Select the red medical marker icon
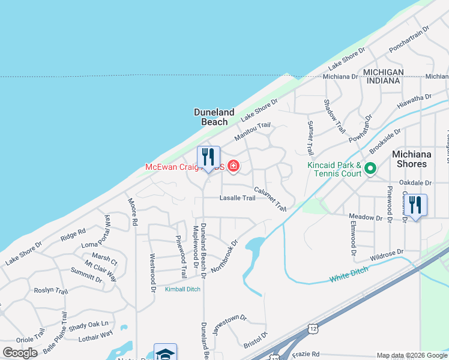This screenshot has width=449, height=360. click(x=233, y=167)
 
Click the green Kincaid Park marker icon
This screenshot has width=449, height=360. click(x=370, y=169)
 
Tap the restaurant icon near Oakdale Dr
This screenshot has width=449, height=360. click(x=415, y=205)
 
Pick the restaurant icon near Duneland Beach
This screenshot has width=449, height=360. click(x=208, y=158)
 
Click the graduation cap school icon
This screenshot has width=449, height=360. click(x=165, y=352)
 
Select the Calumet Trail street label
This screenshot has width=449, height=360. click(x=270, y=199)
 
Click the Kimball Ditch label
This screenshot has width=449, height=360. click(x=184, y=289)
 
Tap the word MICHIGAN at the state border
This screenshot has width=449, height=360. click(x=382, y=72)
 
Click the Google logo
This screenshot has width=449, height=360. click(x=20, y=352)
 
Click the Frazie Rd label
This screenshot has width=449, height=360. click(x=306, y=354)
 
